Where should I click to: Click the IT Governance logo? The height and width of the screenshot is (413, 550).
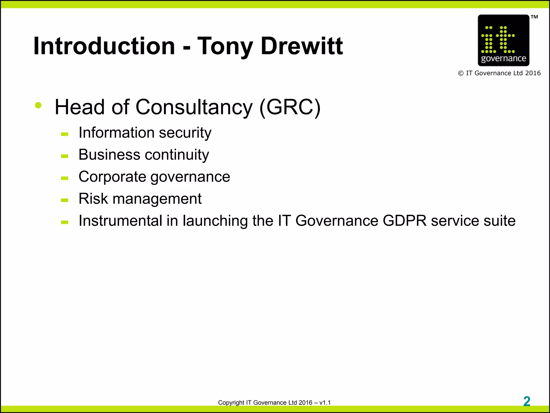click(x=503, y=40)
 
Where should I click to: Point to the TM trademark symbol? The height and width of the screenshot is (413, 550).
click(x=534, y=17)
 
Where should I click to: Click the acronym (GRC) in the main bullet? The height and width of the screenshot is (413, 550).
click(x=290, y=107)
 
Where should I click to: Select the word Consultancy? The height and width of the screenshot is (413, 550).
click(x=194, y=107)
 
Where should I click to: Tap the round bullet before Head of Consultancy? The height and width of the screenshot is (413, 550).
click(x=38, y=105)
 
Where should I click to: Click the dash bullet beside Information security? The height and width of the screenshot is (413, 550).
click(x=64, y=134)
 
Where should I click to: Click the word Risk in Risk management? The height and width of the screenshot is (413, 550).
click(x=93, y=199)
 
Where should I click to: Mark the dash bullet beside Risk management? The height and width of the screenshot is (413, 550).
click(x=64, y=200)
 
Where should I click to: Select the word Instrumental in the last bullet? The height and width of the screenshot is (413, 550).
click(x=120, y=221)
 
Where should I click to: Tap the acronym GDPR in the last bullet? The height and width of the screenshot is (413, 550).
click(x=404, y=221)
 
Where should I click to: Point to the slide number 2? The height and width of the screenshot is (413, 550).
click(x=527, y=401)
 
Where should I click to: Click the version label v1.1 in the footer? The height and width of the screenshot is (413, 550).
click(x=325, y=403)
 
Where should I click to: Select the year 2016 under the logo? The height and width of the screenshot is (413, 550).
click(x=533, y=73)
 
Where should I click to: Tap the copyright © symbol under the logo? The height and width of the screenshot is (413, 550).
click(x=461, y=73)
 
